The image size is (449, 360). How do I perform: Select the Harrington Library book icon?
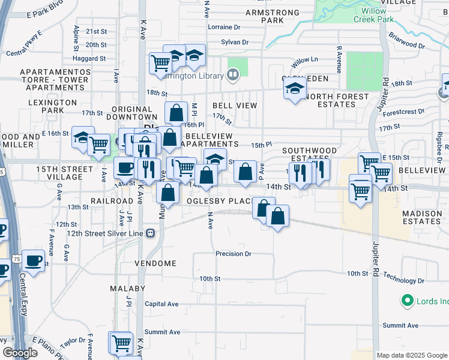(233, 75)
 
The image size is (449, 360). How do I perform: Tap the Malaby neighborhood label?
(127, 289)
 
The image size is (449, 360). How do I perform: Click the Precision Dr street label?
(234, 254)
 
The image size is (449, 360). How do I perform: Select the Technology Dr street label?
(399, 280)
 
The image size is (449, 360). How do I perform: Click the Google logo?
(20, 353)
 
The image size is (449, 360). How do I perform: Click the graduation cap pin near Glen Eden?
(294, 89)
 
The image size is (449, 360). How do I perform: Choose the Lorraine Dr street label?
(223, 27)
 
